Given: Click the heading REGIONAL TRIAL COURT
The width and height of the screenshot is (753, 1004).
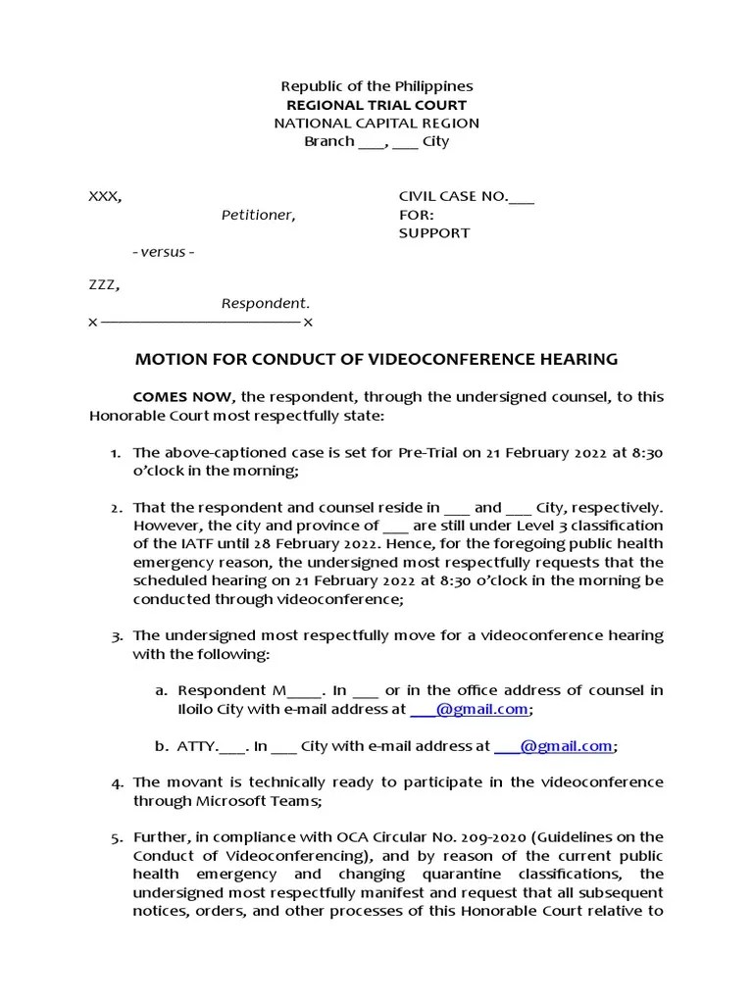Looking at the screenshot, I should (x=376, y=105).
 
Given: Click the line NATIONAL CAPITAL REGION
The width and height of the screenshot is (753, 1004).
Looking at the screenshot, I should (x=376, y=124).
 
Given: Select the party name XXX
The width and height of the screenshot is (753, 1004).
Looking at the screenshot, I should (x=105, y=196).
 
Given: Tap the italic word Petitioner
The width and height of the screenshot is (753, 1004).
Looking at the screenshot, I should (x=257, y=215).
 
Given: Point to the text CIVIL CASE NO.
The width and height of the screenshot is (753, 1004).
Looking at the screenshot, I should (x=452, y=196).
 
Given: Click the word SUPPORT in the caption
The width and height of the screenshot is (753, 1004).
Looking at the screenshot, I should (x=433, y=233).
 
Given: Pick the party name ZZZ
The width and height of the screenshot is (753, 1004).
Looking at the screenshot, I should (x=104, y=285).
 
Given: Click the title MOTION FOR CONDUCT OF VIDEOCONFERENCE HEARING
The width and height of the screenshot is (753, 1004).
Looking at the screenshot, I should (x=376, y=359).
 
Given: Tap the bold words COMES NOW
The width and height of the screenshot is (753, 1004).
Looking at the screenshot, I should (x=182, y=397).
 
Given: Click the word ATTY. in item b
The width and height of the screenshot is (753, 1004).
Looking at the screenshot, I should (x=197, y=746).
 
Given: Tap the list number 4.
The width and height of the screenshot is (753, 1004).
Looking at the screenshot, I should (x=117, y=782).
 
